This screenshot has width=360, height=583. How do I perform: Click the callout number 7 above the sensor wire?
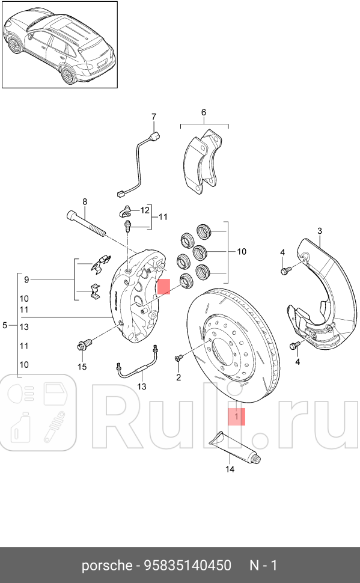click(154, 117)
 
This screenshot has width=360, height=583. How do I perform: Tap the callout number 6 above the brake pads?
click(203, 112)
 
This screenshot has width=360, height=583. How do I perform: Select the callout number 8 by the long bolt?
click(85, 202)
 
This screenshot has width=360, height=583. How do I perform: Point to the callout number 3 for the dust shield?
click(320, 231)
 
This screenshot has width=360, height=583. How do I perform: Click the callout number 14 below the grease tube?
click(230, 469)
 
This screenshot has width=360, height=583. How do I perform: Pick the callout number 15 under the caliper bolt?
click(82, 367)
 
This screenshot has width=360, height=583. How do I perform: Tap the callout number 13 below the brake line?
click(142, 386)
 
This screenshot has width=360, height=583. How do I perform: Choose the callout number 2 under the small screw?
click(178, 377)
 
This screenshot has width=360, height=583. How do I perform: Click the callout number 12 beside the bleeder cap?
click(145, 210)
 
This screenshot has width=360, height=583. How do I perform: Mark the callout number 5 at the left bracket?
click(5, 326)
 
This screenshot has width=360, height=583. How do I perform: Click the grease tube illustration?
click(234, 448)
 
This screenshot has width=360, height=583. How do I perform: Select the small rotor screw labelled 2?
click(178, 358)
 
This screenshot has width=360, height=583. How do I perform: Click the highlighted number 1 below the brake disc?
click(237, 417)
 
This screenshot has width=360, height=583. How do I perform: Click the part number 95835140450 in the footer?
click(188, 565)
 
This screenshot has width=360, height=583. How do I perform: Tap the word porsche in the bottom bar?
click(107, 566)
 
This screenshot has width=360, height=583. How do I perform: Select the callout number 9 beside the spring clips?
click(26, 279)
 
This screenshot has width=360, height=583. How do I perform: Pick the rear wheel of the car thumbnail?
click(69, 75)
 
